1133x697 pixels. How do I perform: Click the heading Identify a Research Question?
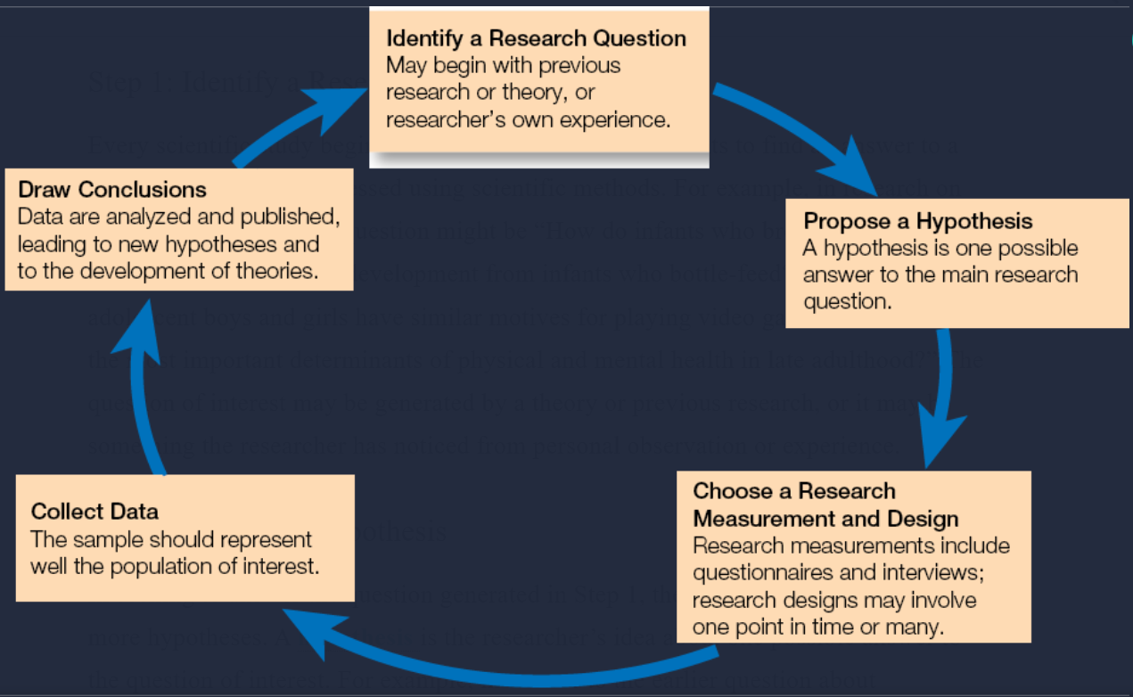[x=536, y=39]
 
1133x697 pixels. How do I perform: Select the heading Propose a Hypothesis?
[x=918, y=221]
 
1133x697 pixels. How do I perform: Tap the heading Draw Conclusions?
[x=112, y=189]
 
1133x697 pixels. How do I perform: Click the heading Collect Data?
[x=94, y=511]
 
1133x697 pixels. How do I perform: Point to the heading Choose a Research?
[x=794, y=491]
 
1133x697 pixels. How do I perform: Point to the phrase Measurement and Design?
[x=826, y=518]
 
